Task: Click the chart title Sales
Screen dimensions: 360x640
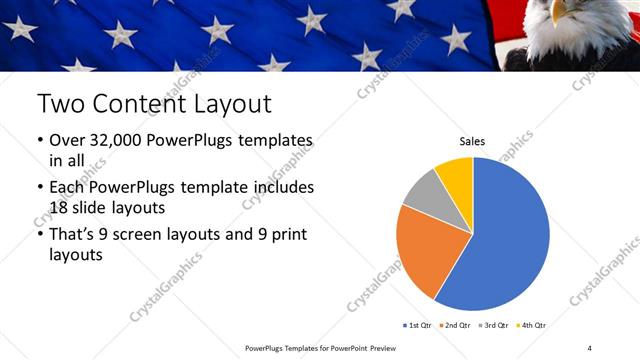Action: (472, 142)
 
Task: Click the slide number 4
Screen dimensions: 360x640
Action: (589, 347)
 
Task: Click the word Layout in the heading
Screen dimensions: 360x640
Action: (231, 103)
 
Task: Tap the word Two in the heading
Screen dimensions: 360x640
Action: (62, 103)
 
